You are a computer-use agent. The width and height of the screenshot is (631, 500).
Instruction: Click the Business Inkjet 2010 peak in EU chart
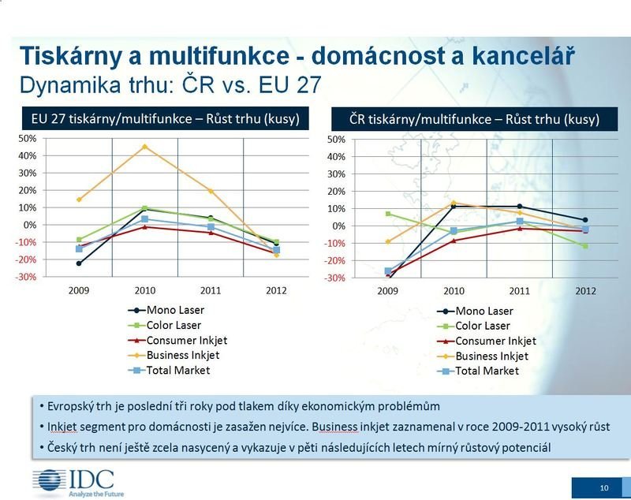[144, 146]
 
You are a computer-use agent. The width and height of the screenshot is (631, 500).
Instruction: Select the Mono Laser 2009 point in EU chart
[79, 263]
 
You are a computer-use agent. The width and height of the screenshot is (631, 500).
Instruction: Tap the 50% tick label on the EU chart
[27, 138]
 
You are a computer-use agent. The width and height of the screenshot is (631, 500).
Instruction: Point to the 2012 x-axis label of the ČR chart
[585, 291]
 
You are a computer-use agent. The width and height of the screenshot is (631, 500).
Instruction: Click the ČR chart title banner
[475, 120]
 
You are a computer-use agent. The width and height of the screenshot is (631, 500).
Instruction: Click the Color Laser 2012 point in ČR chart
[585, 246]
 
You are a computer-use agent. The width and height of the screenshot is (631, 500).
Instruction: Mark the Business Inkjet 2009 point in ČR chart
[387, 241]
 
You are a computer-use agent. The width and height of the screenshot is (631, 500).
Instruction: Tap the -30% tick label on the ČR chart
[335, 278]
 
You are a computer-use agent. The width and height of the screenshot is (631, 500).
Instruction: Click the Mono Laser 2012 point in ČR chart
[585, 220]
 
